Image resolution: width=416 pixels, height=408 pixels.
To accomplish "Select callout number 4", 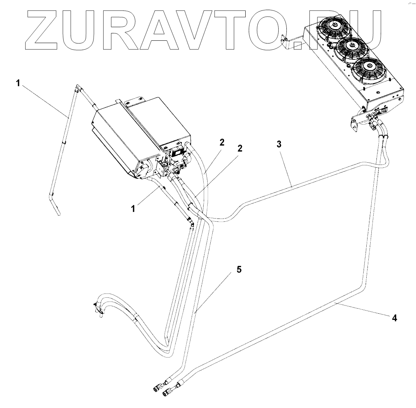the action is pyautogui.click(x=394, y=318).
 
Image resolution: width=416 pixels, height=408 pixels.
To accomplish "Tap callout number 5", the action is pyautogui.click(x=239, y=269).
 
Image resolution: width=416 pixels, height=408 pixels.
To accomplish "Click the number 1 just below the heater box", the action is pyautogui.click(x=133, y=208).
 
